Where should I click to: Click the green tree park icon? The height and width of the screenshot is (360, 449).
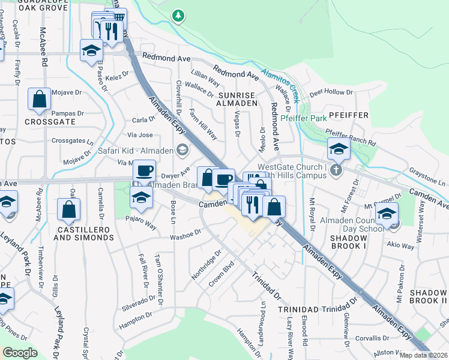pyautogui.click(x=177, y=16)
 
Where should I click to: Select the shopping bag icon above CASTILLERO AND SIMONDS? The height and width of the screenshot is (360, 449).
pyautogui.click(x=68, y=210)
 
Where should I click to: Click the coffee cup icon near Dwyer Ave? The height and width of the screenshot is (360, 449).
pyautogui.click(x=144, y=170)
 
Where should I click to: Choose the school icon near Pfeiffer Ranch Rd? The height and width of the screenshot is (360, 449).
pyautogui.click(x=339, y=149)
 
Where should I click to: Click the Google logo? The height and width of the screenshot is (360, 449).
pyautogui.click(x=20, y=353)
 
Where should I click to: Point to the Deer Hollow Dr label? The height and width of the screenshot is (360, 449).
pyautogui.click(x=331, y=92)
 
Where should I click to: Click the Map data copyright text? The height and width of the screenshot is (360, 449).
pyautogui.click(x=423, y=355)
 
